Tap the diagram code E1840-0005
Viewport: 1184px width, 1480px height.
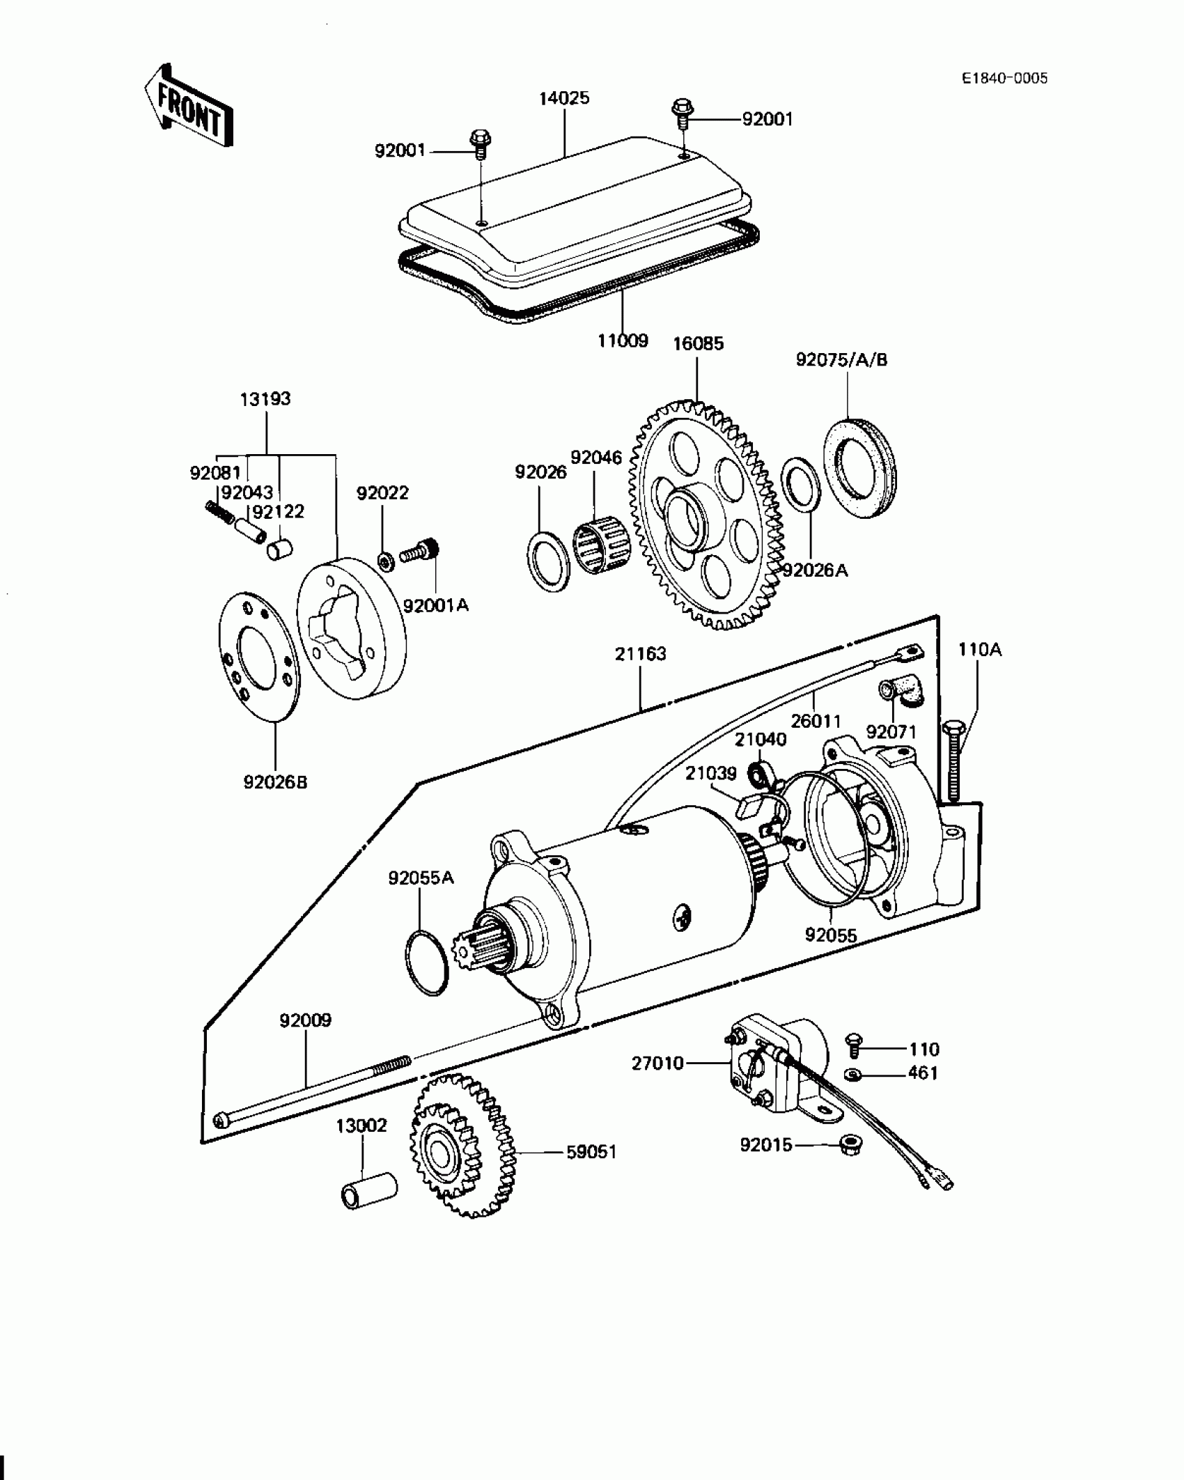(1004, 78)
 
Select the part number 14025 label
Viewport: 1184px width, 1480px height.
(563, 98)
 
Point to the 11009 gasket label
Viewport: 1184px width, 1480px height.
(623, 341)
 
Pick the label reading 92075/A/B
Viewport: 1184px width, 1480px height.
(841, 360)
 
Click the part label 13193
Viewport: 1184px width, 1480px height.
(265, 399)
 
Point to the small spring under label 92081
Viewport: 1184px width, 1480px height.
(218, 515)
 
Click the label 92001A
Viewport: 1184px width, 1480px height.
(436, 605)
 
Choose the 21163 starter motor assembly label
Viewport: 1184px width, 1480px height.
(641, 654)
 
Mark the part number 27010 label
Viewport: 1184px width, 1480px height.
(658, 1083)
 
